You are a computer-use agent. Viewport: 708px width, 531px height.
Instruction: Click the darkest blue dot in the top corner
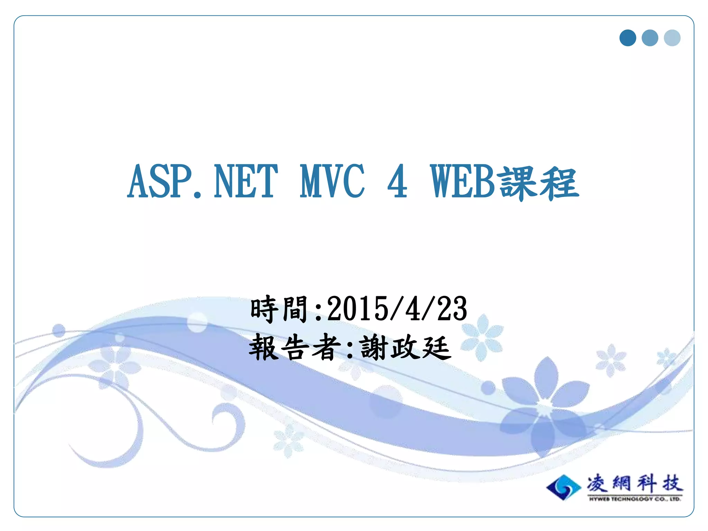627,38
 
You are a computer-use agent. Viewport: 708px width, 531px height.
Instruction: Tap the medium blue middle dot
650,38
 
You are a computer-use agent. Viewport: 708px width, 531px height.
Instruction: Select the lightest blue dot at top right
672,38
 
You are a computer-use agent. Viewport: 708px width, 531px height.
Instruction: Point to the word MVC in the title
332,182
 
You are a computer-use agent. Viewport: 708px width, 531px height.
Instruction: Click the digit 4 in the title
397,182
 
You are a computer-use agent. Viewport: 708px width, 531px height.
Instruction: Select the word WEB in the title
463,182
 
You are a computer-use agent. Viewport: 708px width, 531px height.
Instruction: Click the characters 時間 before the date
279,309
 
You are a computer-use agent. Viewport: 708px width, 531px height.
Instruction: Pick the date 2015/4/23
397,309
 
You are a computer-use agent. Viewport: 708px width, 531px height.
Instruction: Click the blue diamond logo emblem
563,487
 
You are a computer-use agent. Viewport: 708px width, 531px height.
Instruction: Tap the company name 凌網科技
635,483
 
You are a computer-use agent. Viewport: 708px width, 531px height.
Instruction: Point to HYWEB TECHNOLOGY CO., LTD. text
635,499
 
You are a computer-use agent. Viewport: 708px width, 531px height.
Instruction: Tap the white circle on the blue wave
197,322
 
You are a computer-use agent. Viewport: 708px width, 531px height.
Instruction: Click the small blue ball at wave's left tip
59,330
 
